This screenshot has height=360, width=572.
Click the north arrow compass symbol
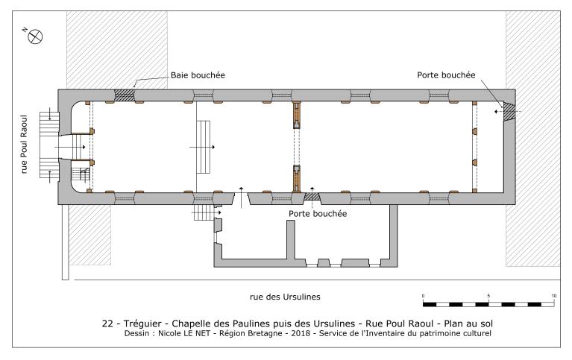tap(34, 35)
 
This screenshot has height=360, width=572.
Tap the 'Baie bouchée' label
tap(196, 75)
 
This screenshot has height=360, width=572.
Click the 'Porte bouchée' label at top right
tap(447, 75)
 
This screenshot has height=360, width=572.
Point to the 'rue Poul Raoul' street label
tap(25, 145)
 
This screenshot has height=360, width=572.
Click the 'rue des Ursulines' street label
tap(285, 297)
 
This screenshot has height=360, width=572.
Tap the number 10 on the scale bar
tap(554, 296)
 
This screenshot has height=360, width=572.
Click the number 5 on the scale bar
tap(488, 296)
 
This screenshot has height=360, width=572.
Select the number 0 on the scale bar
tap(423, 296)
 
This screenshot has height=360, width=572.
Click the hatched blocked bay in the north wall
tap(124, 95)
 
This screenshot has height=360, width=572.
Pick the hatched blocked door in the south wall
tap(312, 196)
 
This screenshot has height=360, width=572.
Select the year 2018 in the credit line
tap(300, 333)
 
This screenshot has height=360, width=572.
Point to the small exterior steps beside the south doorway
tap(204, 212)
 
